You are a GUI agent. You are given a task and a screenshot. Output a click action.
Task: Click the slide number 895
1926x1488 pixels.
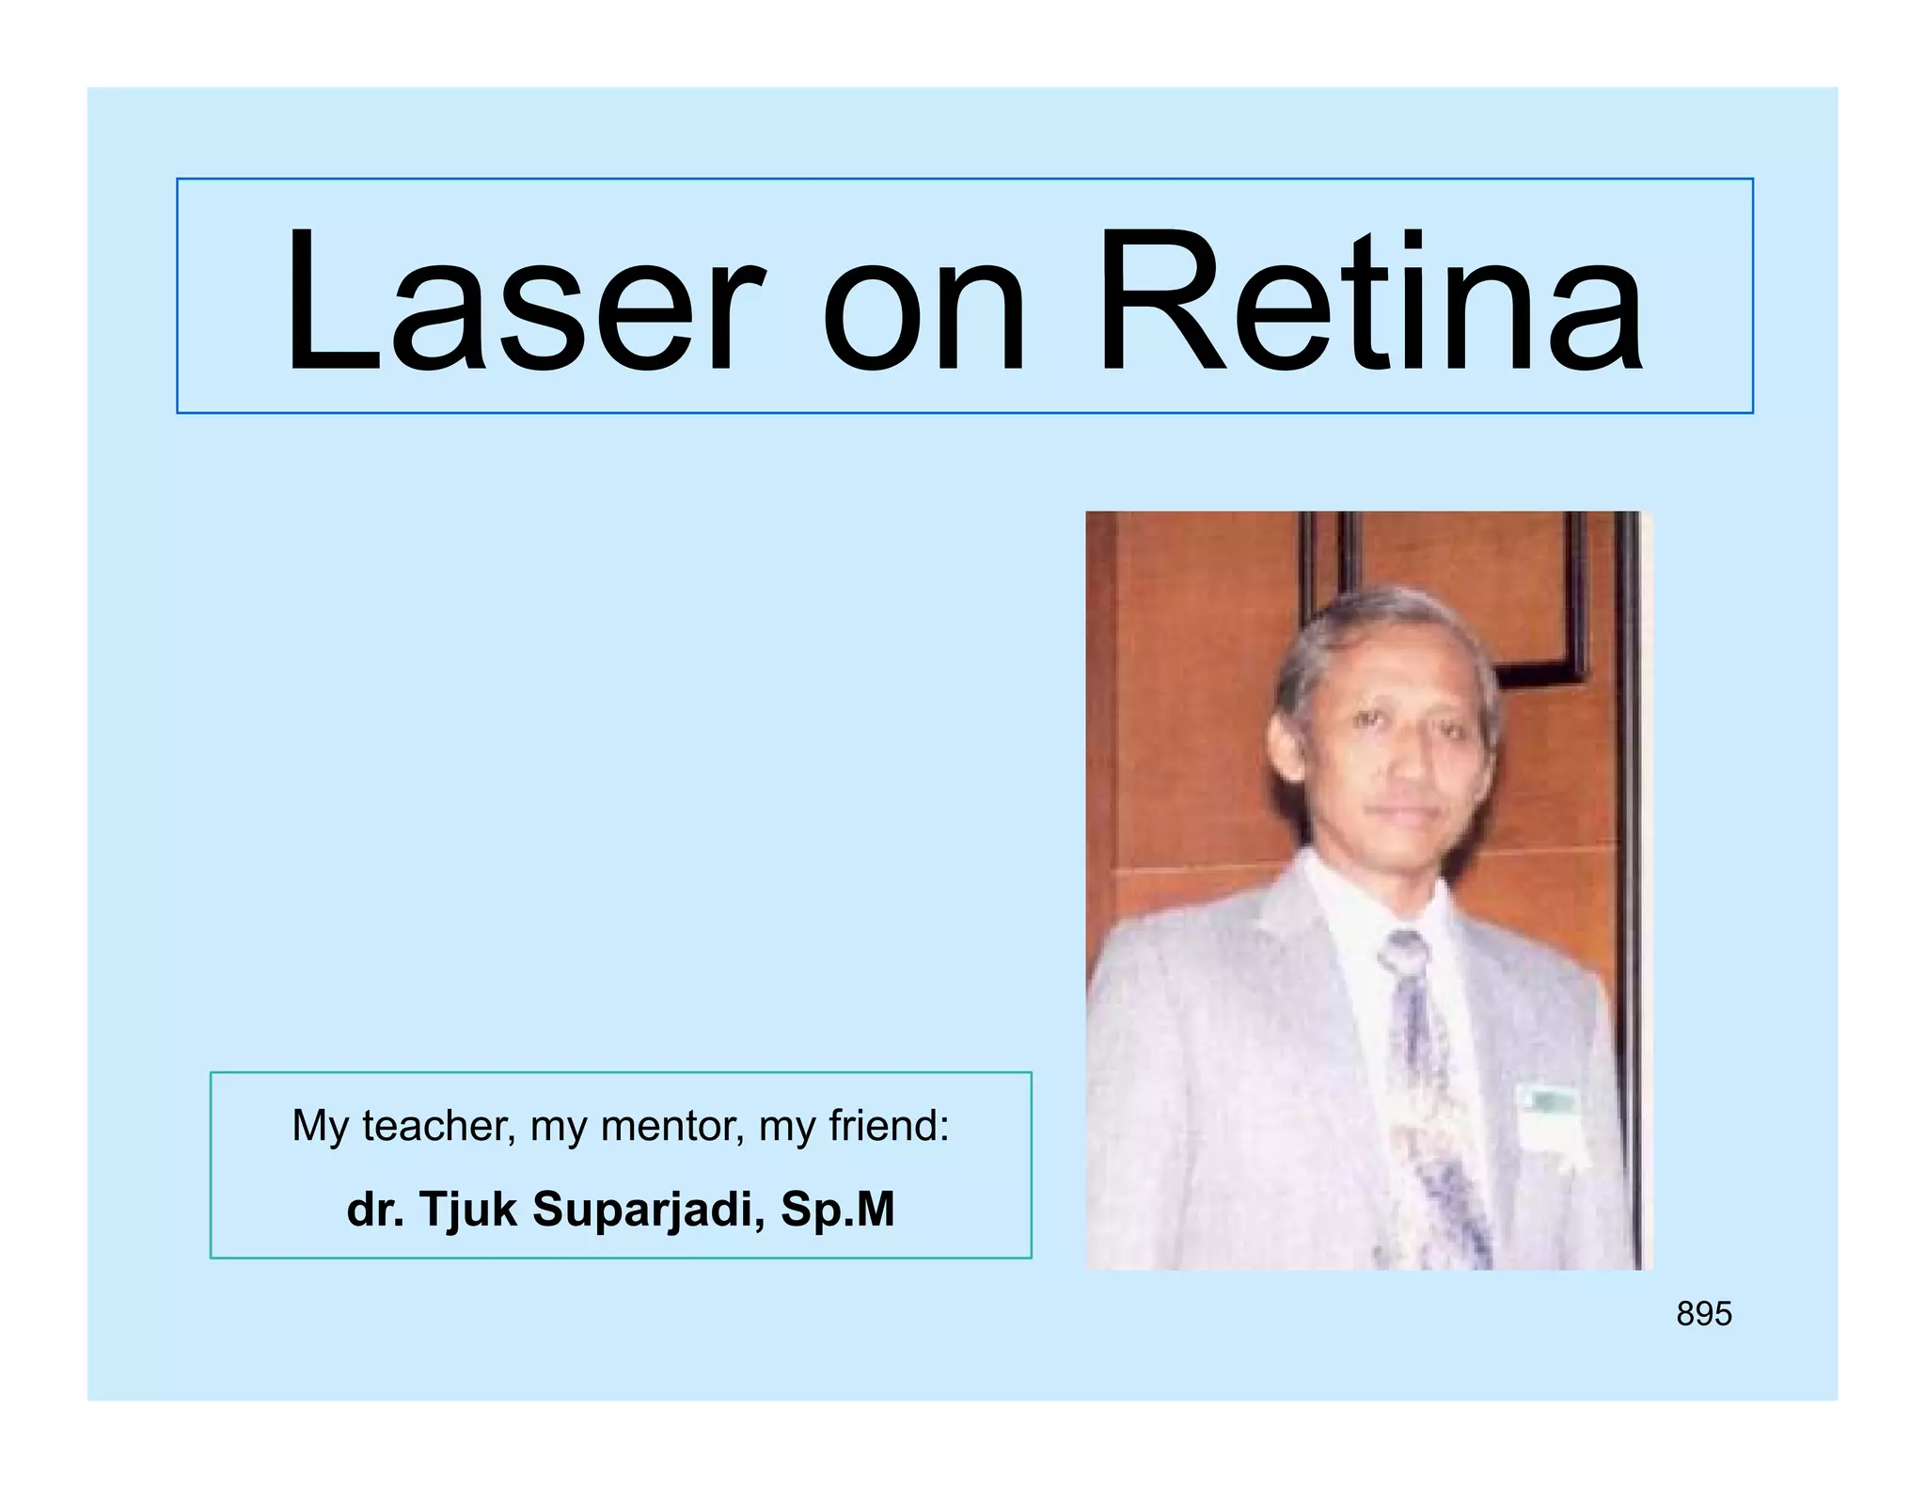pos(1703,1314)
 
